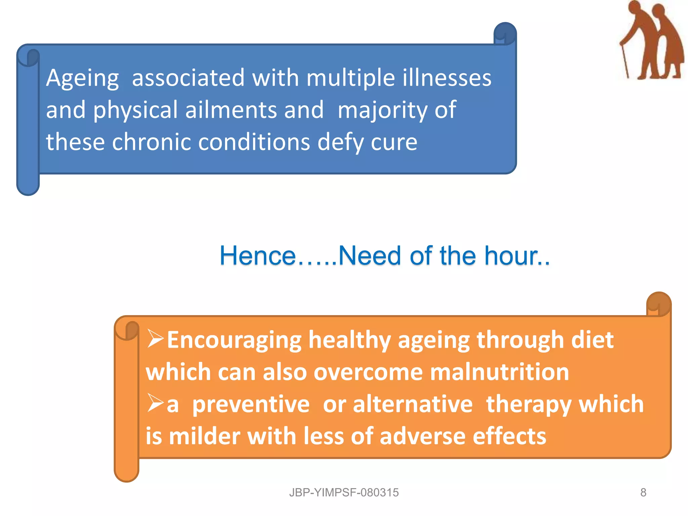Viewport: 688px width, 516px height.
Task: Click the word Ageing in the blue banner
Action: [x=82, y=78]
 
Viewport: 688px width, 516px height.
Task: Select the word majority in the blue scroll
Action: [x=382, y=110]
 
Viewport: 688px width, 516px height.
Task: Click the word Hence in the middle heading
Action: [x=257, y=256]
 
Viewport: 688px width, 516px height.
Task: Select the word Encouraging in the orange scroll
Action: [x=234, y=340]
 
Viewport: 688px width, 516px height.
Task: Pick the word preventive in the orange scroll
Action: [x=251, y=404]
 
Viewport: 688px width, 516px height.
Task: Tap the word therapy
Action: [x=529, y=404]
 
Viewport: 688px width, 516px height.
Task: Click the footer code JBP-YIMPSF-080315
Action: [x=344, y=492]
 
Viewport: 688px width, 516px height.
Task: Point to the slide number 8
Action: [x=643, y=492]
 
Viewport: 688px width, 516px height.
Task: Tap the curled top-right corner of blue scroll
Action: [x=505, y=34]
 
